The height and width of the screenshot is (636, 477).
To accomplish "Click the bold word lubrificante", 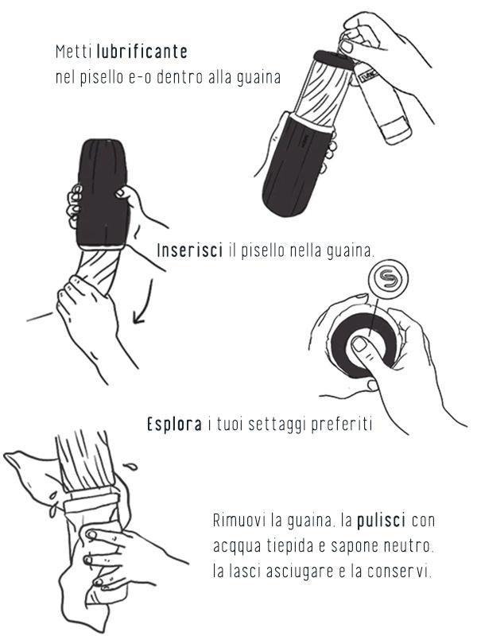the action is pos(142,52).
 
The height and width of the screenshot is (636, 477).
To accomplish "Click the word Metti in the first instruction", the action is pos(75,52).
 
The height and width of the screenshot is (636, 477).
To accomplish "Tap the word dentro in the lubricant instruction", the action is pos(180,77).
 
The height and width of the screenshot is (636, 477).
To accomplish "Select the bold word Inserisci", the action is pos(190,250).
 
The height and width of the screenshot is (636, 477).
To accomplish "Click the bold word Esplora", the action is pos(174,425).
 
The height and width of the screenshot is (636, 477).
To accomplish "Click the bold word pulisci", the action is pos(382,520).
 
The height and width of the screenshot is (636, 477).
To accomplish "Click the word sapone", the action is pos(352,547).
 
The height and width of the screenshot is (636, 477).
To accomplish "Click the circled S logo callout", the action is pos(388,279).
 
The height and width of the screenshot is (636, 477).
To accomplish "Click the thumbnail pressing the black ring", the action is pos(359,345).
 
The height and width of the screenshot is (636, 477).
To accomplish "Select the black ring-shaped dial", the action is pos(363,346).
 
